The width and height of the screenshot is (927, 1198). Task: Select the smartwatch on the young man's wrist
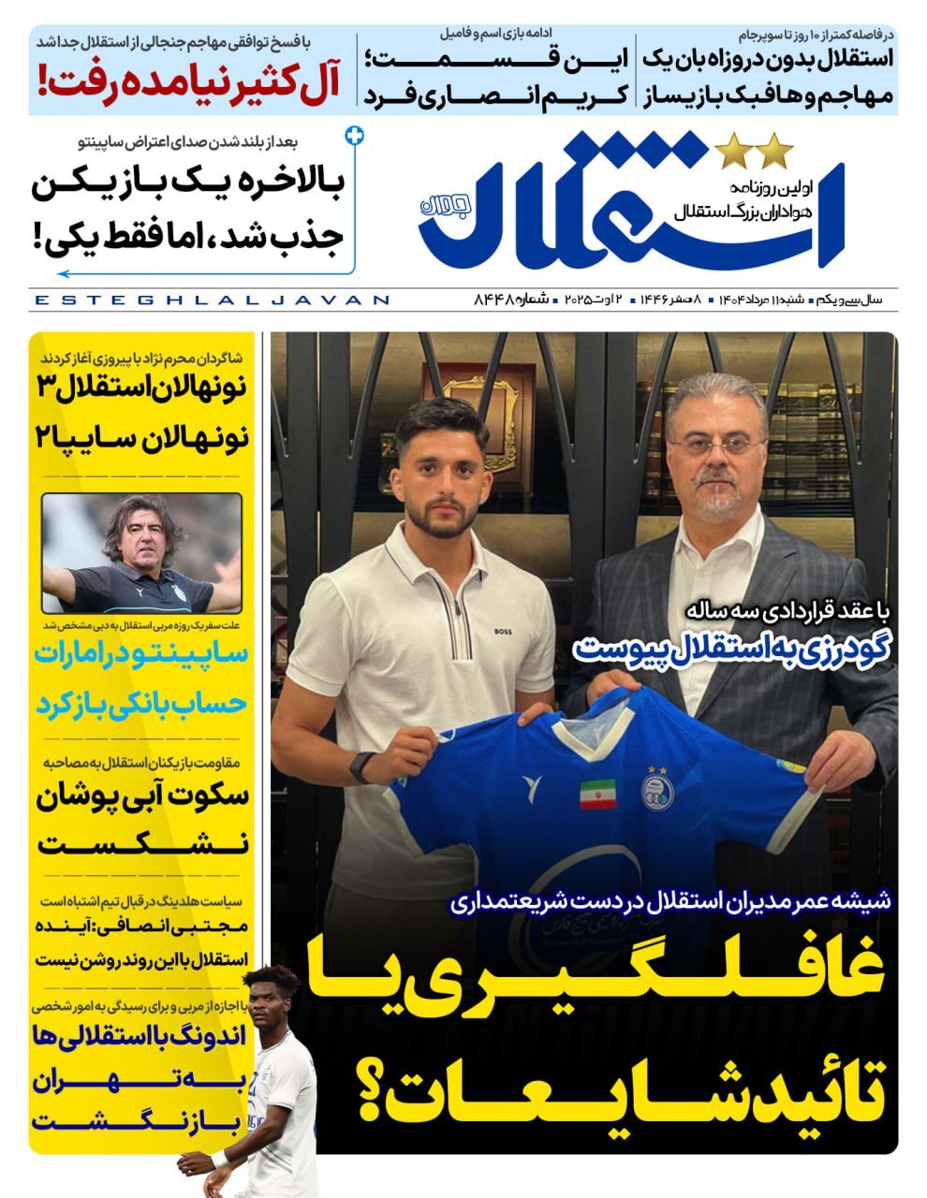(x=362, y=767)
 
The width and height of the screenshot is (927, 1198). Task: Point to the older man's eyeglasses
(x=716, y=446)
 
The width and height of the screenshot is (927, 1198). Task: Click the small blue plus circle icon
(x=354, y=137)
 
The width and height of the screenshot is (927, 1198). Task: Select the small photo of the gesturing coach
(x=141, y=553)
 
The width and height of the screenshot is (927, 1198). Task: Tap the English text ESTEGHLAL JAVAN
(x=211, y=300)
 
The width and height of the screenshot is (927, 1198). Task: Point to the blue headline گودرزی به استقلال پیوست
(x=730, y=649)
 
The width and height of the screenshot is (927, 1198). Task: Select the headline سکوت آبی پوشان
(x=141, y=796)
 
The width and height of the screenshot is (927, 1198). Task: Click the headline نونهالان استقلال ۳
(x=141, y=386)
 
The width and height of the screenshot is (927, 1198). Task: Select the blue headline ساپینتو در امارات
(x=141, y=653)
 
